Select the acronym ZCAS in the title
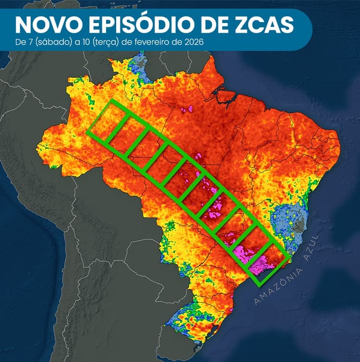click(267, 24)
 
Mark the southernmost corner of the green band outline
click(259, 286)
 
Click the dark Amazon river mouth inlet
click(222, 99)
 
